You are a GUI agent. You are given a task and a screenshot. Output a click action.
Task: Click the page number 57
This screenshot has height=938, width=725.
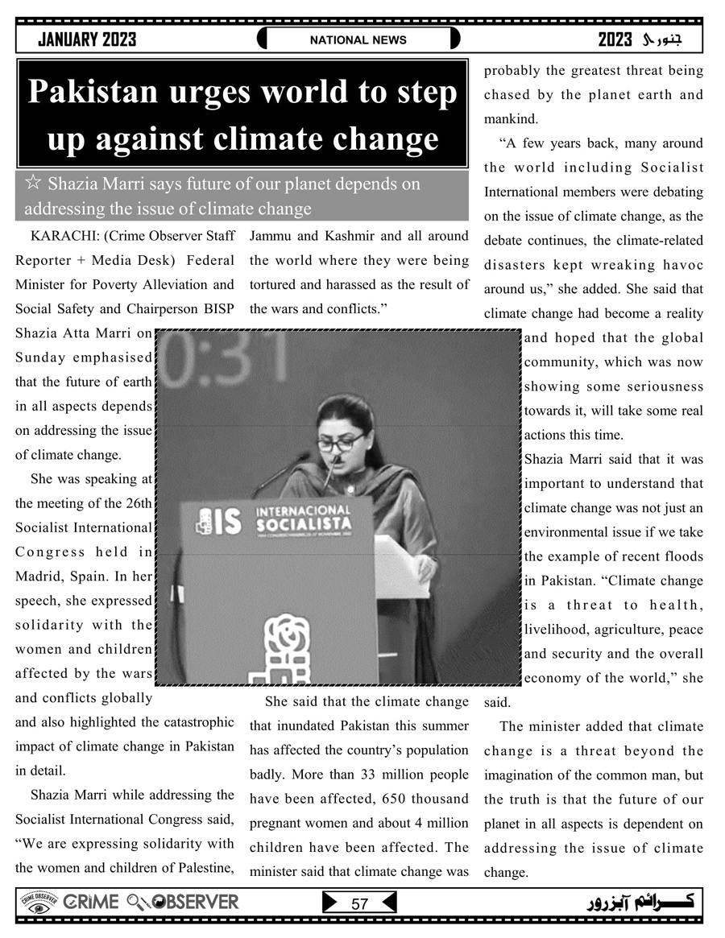pos(359,903)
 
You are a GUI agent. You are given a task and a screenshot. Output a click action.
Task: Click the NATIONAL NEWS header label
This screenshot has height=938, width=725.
pos(358,39)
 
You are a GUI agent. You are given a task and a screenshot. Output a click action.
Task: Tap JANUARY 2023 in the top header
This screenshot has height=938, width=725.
pos(87,39)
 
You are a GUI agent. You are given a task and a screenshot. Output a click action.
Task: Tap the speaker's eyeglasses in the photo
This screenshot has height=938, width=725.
pos(340,443)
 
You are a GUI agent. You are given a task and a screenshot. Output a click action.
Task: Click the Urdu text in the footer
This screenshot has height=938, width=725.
pos(636,902)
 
